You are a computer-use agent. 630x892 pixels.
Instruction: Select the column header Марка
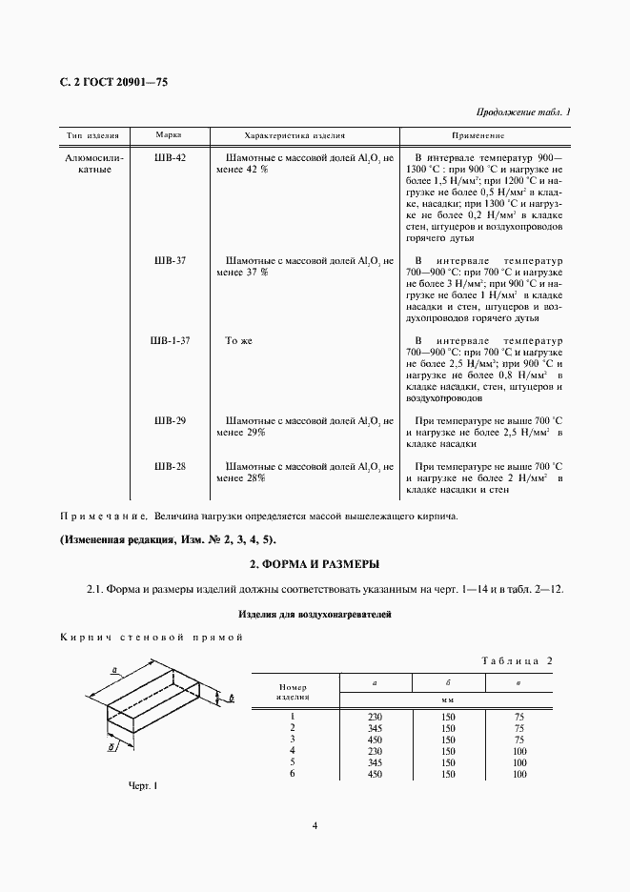(169, 135)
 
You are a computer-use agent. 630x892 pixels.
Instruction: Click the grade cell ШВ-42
(169, 156)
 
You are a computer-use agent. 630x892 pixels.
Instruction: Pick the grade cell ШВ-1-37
(171, 340)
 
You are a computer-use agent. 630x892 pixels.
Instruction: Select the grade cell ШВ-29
(169, 420)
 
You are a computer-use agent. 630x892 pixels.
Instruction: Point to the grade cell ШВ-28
(169, 466)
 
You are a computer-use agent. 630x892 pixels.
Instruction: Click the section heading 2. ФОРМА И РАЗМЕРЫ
(315, 562)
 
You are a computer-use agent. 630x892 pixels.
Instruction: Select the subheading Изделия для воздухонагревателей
(315, 614)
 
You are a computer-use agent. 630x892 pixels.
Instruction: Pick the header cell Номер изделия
(292, 691)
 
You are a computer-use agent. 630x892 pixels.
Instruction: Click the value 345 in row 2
(374, 727)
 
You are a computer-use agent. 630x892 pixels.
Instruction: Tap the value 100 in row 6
(518, 774)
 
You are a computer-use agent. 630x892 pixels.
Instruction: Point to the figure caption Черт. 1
(141, 785)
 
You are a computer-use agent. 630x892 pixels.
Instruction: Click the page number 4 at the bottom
(315, 826)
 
